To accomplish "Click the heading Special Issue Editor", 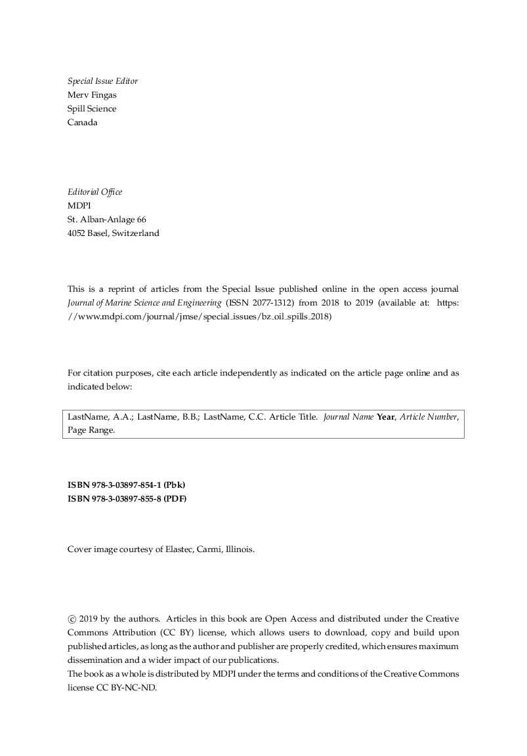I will tap(102, 81).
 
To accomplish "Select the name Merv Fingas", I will tap(92, 95).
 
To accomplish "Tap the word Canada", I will tap(83, 123).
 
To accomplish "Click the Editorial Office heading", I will tap(95, 192).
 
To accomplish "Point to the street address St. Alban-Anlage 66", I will tap(107, 220).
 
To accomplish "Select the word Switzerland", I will tap(135, 233).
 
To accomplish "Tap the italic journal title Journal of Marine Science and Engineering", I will tap(144, 303).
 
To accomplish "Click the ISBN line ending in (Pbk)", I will tap(127, 485).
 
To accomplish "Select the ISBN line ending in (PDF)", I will tap(127, 499).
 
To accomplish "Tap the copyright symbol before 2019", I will tap(72, 619).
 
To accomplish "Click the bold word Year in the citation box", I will tap(386, 417).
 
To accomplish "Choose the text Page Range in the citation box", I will tap(91, 431).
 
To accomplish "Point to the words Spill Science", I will tap(92, 109).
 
